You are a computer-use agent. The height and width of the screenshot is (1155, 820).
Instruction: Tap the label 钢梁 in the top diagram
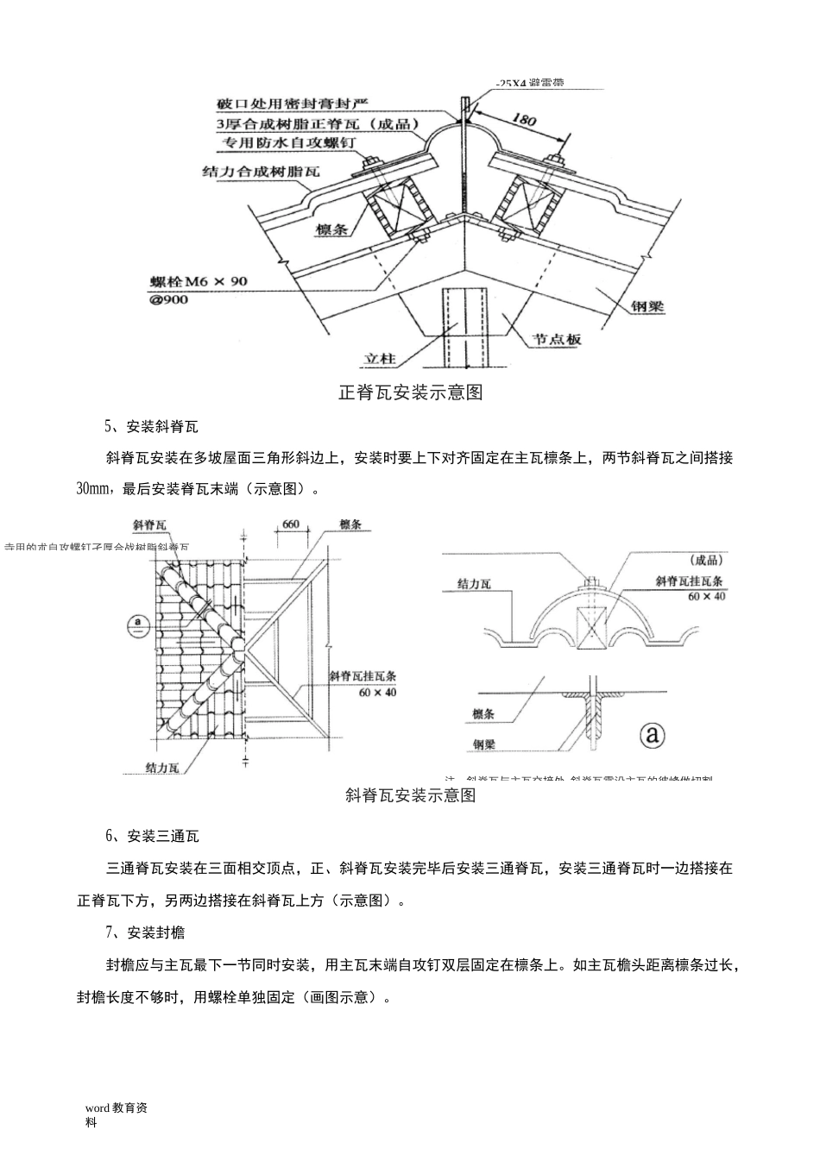[647, 307]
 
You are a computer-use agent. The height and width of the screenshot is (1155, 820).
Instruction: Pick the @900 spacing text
[169, 299]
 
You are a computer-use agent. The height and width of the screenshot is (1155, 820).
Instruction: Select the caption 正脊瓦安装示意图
[410, 393]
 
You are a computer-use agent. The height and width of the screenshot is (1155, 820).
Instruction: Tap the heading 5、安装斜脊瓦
[151, 426]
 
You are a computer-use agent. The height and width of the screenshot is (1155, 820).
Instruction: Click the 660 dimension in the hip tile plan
[291, 524]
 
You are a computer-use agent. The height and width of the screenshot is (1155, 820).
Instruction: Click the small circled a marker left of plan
[135, 623]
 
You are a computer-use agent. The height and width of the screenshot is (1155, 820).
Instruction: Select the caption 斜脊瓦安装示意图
[410, 795]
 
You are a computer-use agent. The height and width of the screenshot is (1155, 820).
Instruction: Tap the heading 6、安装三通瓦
[152, 836]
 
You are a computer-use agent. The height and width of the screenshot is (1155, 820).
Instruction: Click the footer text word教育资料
[116, 1114]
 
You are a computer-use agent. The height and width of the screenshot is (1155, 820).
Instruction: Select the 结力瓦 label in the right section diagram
[474, 584]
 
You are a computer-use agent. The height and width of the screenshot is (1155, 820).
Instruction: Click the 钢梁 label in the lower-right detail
[483, 744]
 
